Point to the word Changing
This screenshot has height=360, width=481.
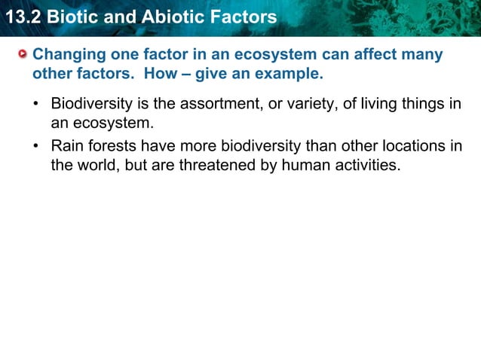pyautogui.click(x=69, y=56)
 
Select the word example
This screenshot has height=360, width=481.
pyautogui.click(x=291, y=75)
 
